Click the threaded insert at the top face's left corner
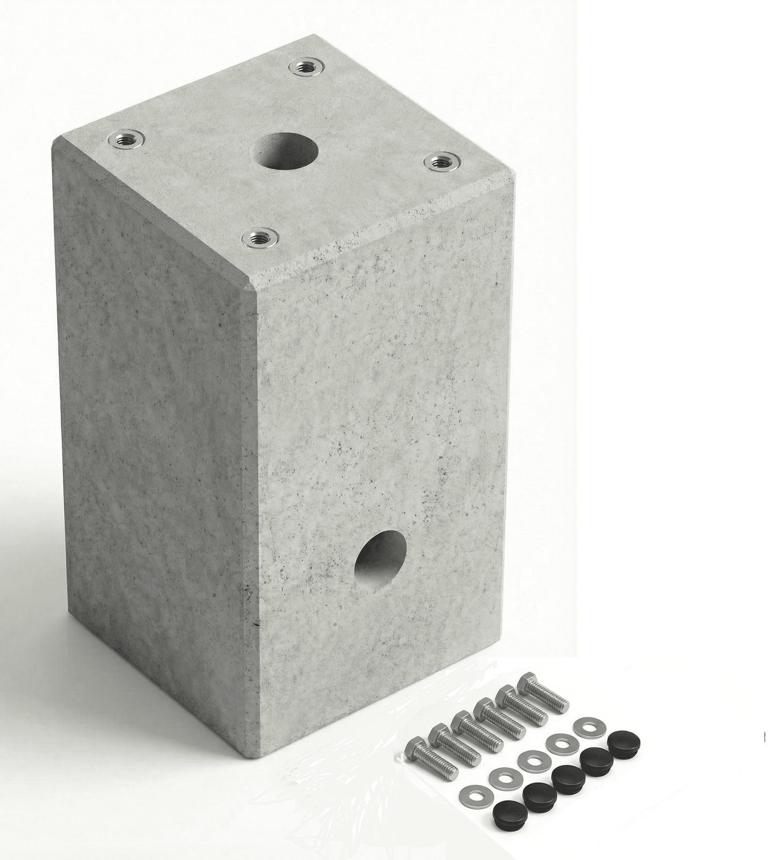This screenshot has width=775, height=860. (125, 140)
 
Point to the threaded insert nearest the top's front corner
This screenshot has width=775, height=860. (259, 237)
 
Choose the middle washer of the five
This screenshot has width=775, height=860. (531, 760)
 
